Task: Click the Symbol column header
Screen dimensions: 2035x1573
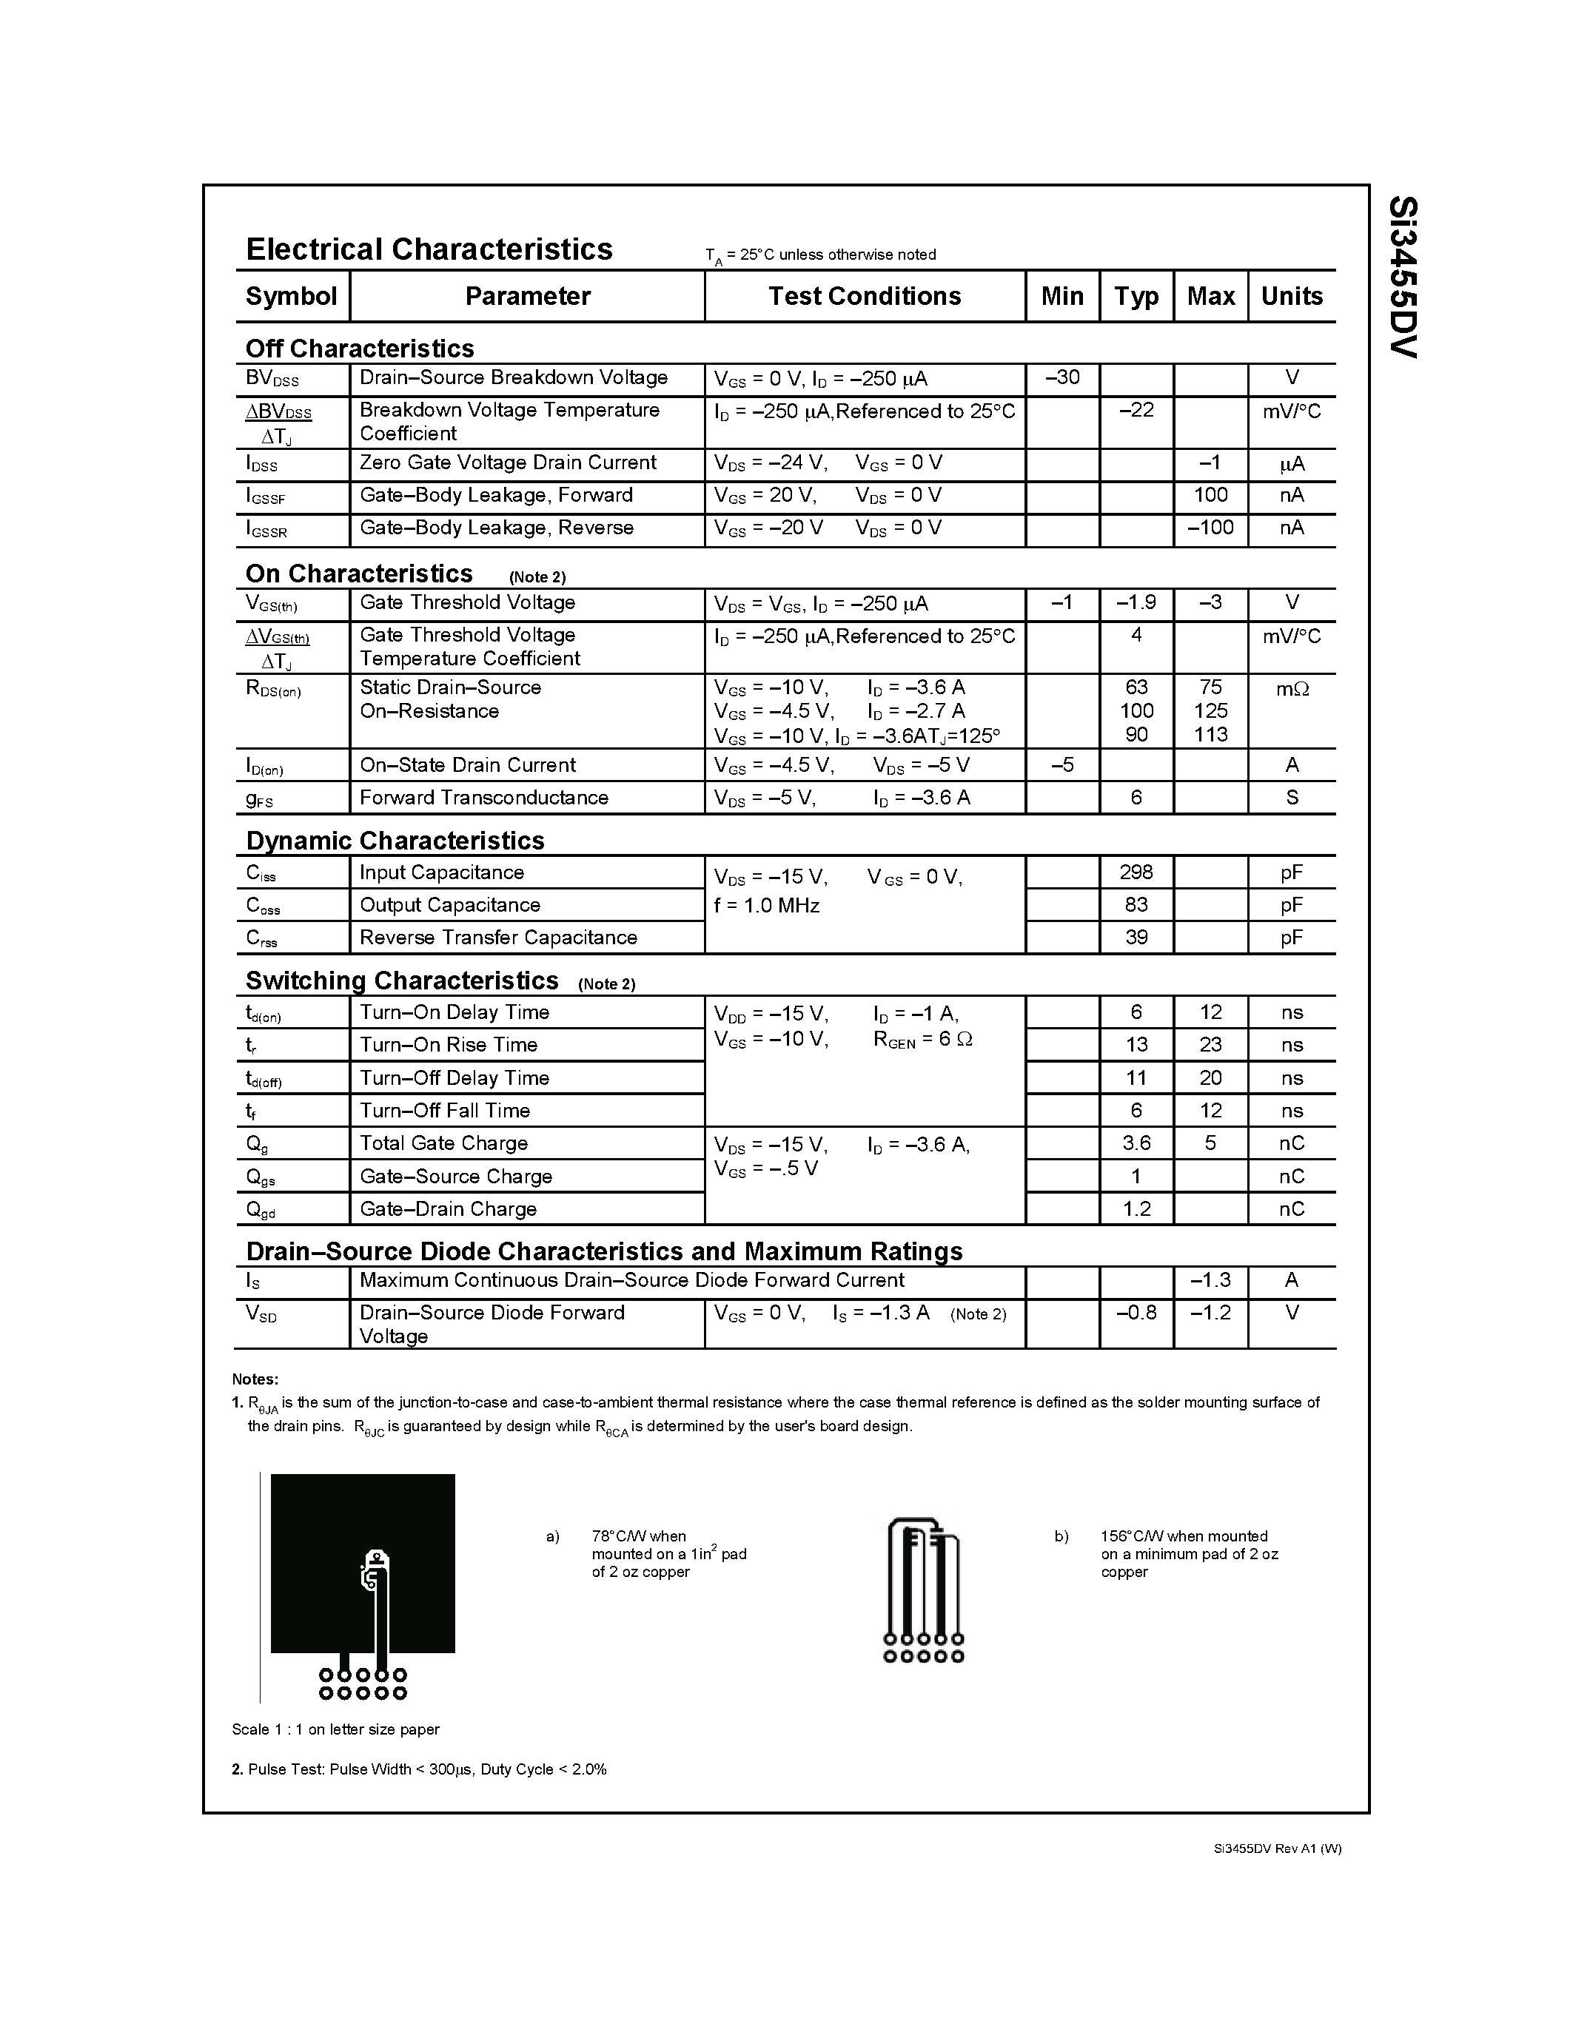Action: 291,296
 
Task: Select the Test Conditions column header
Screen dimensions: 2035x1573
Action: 864,296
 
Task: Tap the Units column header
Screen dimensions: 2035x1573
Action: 1292,296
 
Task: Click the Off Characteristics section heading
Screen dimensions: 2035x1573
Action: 360,349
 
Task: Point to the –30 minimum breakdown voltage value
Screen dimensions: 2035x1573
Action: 1061,377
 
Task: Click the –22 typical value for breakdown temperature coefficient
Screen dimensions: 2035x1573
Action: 1136,410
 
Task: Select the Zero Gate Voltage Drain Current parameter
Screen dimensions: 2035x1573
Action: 508,463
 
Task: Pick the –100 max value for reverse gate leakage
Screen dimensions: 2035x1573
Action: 1210,528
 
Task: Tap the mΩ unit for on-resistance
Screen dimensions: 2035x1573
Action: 1292,689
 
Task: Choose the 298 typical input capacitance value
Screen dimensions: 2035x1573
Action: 1136,872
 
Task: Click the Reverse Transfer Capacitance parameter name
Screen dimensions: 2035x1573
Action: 499,938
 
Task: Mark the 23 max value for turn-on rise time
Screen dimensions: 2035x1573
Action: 1210,1045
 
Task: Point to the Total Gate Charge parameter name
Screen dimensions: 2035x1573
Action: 443,1143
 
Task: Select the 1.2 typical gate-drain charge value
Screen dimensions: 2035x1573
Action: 1136,1208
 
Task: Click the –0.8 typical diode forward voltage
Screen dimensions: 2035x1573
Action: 1136,1313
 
